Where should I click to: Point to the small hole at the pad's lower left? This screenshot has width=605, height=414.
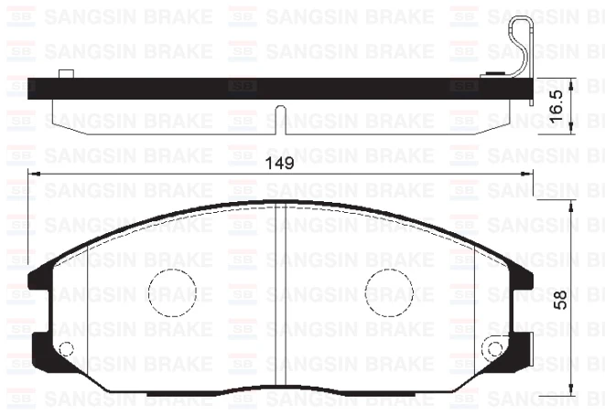(66, 349)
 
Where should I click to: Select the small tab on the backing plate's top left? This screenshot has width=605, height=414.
(65, 75)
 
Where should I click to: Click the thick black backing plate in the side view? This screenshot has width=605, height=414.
(275, 89)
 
